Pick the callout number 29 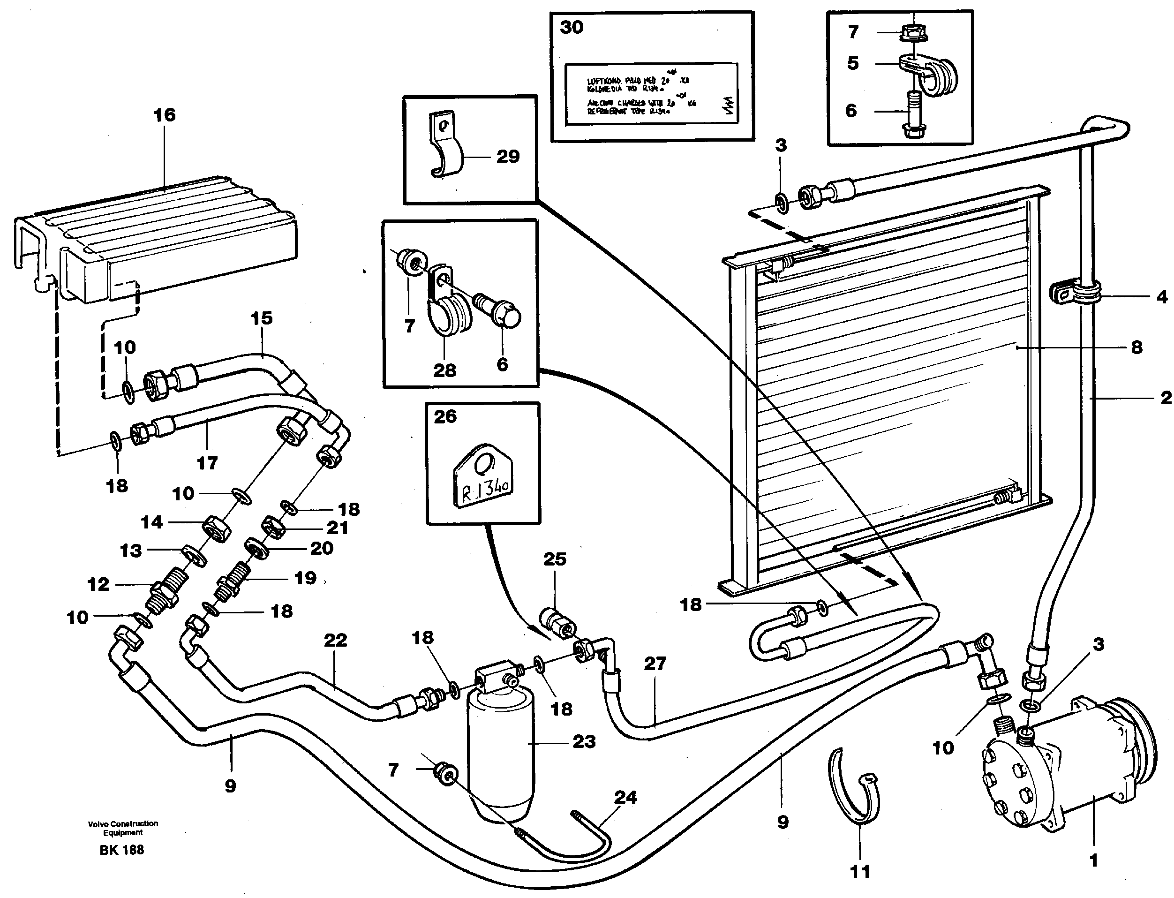click(508, 157)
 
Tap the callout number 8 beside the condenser click(1136, 347)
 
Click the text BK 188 click(122, 850)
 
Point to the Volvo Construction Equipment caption click(123, 828)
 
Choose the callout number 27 click(655, 664)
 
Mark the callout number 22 click(335, 640)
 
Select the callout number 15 click(261, 318)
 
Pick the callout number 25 click(555, 559)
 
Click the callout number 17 click(207, 462)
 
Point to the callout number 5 click(853, 63)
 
